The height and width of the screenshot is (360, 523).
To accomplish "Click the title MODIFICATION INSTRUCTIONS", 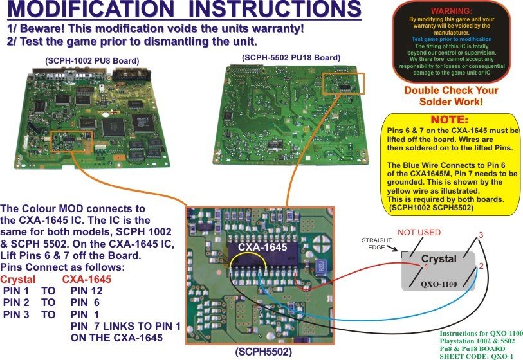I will [181, 11].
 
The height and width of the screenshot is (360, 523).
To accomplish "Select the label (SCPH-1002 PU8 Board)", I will [91, 61].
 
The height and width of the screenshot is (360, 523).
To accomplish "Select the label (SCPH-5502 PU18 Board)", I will [290, 58].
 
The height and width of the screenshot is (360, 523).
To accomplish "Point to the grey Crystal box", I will [439, 270].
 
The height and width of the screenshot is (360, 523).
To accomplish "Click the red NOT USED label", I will [419, 232].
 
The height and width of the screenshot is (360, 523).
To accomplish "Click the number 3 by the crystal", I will [479, 236].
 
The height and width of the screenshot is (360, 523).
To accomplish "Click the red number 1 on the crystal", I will [408, 267].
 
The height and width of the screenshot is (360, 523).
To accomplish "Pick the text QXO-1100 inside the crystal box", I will [439, 282].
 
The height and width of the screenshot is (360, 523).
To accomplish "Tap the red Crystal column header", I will [17, 280].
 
